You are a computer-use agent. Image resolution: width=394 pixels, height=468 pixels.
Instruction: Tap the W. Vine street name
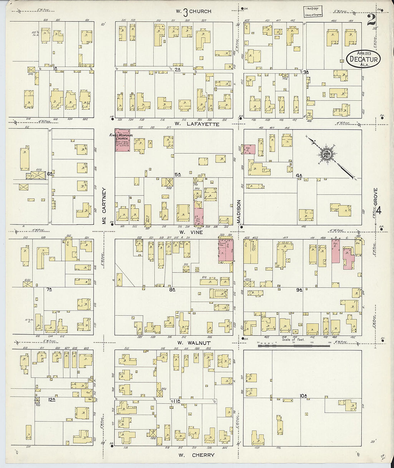coord(191,232)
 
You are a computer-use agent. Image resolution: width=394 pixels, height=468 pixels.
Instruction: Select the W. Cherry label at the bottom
coord(196,455)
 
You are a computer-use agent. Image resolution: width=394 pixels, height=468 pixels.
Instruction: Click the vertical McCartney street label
coord(105,207)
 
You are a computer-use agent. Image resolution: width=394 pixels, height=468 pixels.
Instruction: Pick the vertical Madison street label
coord(239,212)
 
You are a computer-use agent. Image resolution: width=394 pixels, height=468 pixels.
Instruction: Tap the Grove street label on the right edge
coord(376,197)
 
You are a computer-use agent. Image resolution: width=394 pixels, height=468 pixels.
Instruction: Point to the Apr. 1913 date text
coord(363,53)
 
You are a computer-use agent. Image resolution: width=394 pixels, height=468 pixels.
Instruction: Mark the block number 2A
coord(178,70)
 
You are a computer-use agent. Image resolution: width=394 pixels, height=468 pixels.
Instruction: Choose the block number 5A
coord(177,174)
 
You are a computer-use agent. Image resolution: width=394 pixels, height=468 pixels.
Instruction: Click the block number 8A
coord(172,289)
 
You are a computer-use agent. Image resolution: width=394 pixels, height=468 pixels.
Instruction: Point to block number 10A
coord(304,396)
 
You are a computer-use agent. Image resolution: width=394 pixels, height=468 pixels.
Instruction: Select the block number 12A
coord(52,399)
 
